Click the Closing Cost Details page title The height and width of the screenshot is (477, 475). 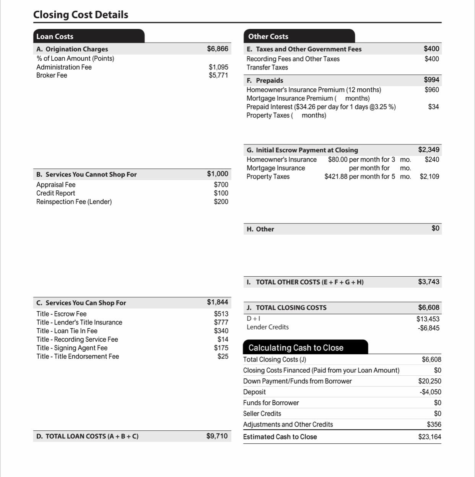(81, 15)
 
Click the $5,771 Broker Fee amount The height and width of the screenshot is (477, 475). (218, 75)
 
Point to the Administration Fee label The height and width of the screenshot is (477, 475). (64, 67)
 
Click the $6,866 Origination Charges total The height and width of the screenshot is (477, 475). (218, 49)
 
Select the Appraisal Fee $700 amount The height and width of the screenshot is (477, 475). (221, 185)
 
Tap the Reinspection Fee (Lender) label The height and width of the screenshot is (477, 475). (74, 201)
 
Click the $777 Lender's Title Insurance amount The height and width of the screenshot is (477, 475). (221, 322)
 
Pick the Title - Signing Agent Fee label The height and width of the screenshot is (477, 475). (72, 348)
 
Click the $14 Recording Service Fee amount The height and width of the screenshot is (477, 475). (223, 339)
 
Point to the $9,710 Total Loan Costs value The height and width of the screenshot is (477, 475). (217, 436)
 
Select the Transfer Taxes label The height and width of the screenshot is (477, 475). (267, 67)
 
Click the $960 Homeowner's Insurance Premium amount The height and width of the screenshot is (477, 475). (432, 90)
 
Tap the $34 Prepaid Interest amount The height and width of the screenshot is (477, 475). (433, 107)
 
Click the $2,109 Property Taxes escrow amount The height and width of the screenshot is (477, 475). (429, 177)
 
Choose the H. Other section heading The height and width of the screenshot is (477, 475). (260, 229)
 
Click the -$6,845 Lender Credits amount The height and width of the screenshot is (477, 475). (428, 328)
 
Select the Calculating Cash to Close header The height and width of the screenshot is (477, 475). (296, 348)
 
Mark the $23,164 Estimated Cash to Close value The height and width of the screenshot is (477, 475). (429, 437)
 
